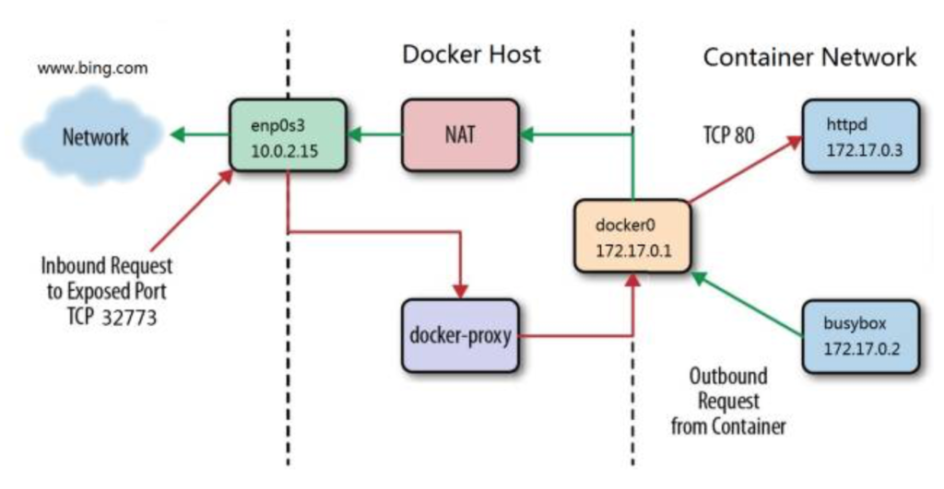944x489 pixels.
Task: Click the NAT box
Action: [x=461, y=135]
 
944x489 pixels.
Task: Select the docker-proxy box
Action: [x=461, y=335]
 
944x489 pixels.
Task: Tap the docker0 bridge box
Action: [x=632, y=237]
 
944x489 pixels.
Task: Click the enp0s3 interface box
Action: [x=289, y=135]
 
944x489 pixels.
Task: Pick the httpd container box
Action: [x=862, y=136]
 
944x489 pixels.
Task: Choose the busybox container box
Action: [x=862, y=336]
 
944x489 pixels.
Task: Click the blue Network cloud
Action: [x=93, y=136]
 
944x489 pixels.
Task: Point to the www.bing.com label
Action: [x=93, y=68]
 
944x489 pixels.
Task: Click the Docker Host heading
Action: [x=471, y=54]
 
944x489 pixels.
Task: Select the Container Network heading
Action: [x=809, y=57]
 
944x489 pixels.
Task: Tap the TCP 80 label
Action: [x=728, y=135]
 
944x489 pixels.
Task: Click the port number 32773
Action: [x=129, y=318]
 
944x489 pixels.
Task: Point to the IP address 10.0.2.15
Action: [x=284, y=151]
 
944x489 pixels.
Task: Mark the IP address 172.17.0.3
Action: [x=864, y=150]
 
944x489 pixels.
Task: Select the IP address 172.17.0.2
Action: [x=862, y=349]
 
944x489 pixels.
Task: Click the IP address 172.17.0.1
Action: [x=633, y=250]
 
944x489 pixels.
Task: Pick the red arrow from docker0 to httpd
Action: [x=746, y=169]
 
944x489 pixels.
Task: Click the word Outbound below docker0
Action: [x=728, y=377]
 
